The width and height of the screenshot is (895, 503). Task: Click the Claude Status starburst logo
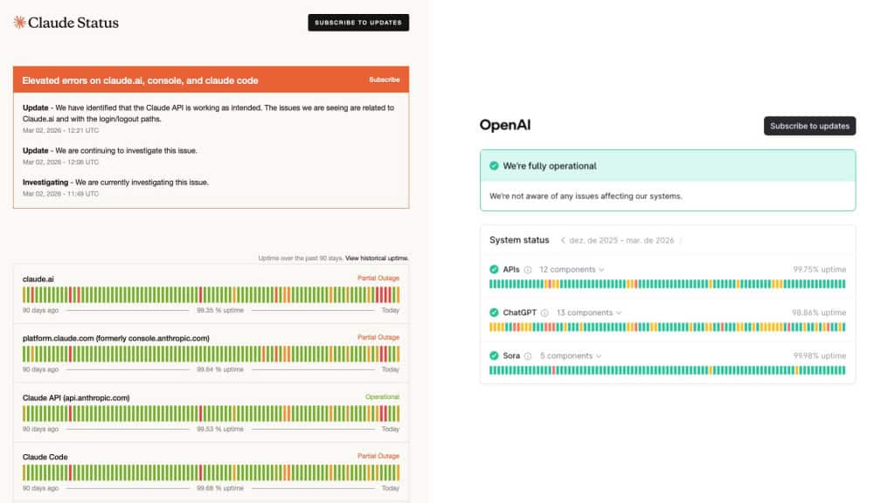19,23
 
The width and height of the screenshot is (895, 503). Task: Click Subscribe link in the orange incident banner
384,79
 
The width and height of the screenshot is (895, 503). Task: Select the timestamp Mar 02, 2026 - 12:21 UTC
61,130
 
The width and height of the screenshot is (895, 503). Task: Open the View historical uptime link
377,258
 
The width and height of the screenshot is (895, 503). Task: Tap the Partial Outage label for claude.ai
378,279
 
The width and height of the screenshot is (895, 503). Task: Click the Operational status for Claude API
382,396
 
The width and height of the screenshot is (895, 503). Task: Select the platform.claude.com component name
116,338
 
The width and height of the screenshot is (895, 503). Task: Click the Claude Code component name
45,457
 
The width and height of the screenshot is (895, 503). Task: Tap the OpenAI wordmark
505,125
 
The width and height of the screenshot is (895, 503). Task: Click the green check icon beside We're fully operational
494,166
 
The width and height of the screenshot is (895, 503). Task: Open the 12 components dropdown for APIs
572,270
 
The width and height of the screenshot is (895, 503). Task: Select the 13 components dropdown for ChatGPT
589,313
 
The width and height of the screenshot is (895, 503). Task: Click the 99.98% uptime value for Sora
819,355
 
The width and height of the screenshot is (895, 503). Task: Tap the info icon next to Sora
528,356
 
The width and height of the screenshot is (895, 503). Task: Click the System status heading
519,240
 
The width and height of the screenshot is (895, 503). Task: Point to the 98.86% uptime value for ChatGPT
819,313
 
